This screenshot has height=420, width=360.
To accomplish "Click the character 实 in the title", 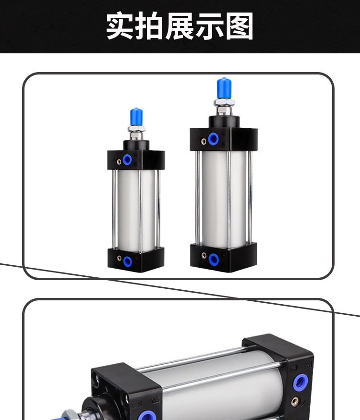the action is click(120, 26).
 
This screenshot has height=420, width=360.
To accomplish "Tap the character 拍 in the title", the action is click(150, 26).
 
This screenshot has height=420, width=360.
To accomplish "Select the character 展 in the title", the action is click(180, 26).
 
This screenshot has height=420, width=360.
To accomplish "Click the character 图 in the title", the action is click(240, 26).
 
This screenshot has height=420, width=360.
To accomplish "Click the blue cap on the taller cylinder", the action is click(224, 88).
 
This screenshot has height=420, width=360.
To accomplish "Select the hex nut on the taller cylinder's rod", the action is click(224, 102).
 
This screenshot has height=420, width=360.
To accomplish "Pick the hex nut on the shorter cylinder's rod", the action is click(137, 129).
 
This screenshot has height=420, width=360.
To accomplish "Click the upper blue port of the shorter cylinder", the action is click(127, 160).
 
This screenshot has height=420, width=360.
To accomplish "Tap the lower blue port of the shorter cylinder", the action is click(127, 261).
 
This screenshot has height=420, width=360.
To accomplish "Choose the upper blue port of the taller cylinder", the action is click(214, 139).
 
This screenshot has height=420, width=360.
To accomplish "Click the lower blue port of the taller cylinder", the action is click(214, 259).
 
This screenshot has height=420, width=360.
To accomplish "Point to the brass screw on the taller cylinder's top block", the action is click(204, 141).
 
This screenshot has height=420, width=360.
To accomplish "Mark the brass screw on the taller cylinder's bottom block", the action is click(204, 255).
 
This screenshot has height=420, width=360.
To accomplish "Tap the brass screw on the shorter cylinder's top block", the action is click(119, 161).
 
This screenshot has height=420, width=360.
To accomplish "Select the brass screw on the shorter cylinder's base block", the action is click(119, 258).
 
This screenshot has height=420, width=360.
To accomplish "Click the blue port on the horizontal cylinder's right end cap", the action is click(300, 383).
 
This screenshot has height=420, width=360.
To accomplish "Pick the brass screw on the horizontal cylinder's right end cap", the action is click(295, 401).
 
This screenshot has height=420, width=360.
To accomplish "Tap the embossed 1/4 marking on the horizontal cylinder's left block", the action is click(156, 401).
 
